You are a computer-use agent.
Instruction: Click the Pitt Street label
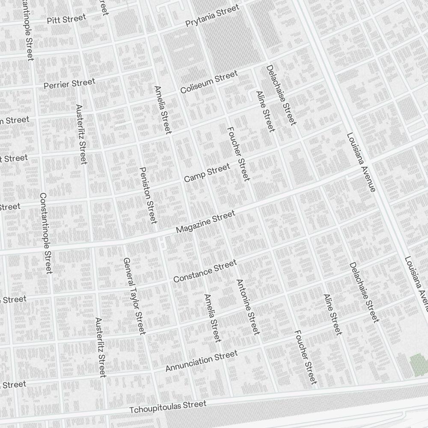point(66,19)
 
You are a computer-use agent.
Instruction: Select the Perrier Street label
point(69,83)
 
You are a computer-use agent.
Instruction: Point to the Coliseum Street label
point(208,82)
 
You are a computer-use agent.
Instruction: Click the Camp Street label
point(207,172)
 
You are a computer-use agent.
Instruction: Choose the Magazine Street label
point(205,222)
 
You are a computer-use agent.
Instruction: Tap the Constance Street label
point(205,271)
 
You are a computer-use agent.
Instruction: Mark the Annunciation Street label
point(201,361)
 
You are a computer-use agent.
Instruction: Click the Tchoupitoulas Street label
point(168,407)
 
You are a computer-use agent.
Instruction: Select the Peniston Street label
point(148,195)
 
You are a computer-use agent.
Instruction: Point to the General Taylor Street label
point(134,296)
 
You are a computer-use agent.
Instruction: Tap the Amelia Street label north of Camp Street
point(163,109)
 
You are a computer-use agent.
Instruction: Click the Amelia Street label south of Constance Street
point(212,318)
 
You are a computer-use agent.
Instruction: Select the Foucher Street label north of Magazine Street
point(238,154)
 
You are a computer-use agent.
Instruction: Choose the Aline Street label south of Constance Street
point(333,314)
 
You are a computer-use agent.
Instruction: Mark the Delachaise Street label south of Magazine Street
point(364,292)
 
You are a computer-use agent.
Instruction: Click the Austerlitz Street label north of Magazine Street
point(81,134)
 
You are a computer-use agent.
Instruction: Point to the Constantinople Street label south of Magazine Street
point(46,233)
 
